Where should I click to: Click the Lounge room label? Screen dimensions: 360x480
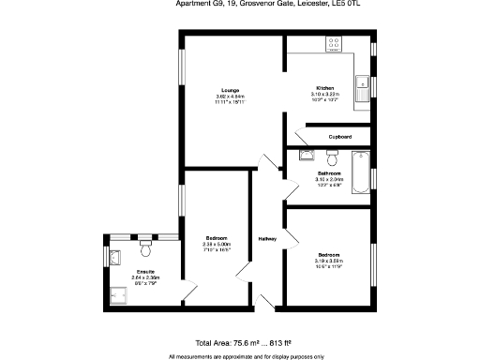229,90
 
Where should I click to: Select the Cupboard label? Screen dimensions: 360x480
339,137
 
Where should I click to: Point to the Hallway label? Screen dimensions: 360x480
268,239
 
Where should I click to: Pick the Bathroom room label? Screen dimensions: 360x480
328,172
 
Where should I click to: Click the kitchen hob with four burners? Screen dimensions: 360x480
335,43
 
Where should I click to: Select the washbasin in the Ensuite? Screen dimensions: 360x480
113,254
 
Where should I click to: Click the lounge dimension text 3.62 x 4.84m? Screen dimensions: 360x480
229,97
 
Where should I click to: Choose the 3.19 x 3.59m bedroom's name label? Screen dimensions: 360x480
329,255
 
